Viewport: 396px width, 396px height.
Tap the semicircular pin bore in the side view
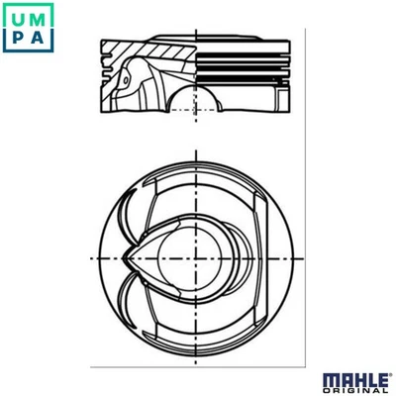pos(196,102)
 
